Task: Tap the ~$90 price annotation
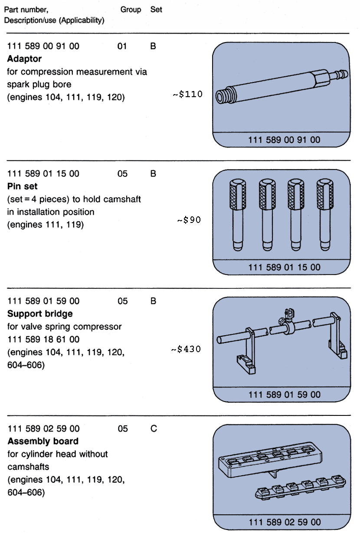coord(189,220)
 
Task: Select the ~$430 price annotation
coord(187,349)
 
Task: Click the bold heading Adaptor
coord(24,59)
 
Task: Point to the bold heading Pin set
coord(23,186)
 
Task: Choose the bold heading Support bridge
coord(40,314)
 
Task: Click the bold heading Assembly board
coord(43,441)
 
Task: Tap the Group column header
coord(131,9)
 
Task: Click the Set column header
coord(156,9)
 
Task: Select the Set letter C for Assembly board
coord(153,428)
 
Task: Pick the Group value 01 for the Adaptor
coord(122,46)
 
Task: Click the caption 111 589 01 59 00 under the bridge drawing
coord(284,394)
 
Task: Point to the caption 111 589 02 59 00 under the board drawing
coord(285,522)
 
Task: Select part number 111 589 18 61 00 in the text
coord(43,339)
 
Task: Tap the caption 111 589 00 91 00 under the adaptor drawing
coord(284,140)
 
